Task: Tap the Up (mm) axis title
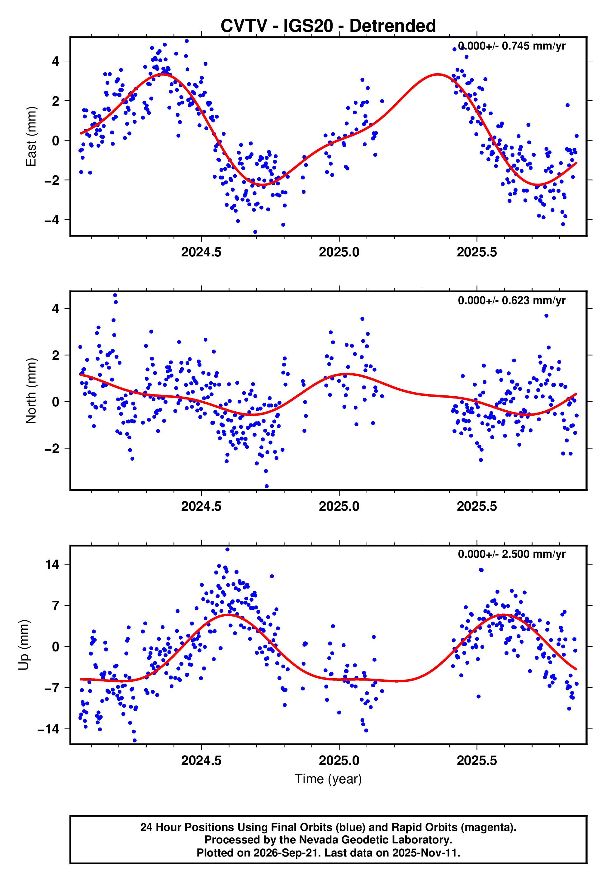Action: tap(24, 645)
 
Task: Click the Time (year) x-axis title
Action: tap(328, 779)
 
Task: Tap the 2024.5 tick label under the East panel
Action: tap(201, 252)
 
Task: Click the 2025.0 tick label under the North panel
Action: tap(339, 506)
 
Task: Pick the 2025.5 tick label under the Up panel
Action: tap(477, 761)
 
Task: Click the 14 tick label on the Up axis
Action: tap(52, 564)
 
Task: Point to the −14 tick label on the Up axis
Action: tap(49, 729)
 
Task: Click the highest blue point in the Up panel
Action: tap(227, 550)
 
